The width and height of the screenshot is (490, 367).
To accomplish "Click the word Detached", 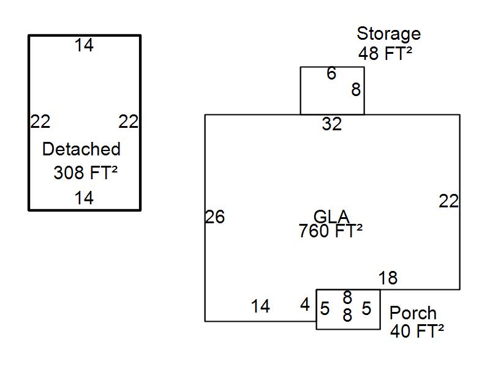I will pyautogui.click(x=81, y=149).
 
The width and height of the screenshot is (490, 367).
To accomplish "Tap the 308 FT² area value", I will pyautogui.click(x=85, y=173).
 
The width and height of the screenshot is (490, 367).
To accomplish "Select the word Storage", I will pyautogui.click(x=388, y=34).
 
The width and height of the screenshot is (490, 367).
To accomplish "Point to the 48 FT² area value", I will pyautogui.click(x=385, y=54).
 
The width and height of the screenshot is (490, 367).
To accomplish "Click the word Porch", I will pyautogui.click(x=413, y=313).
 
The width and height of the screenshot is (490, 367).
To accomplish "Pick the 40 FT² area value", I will pyautogui.click(x=417, y=332).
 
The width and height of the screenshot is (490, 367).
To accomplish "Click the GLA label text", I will pyautogui.click(x=331, y=217).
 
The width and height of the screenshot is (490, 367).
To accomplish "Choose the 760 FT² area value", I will pyautogui.click(x=331, y=231).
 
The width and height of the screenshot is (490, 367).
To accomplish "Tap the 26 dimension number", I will pyautogui.click(x=215, y=217).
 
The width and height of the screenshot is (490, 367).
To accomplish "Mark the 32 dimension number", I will pyautogui.click(x=332, y=124).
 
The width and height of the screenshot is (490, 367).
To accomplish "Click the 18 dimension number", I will pyautogui.click(x=388, y=278).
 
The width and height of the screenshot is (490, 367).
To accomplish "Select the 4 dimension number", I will pyautogui.click(x=305, y=305).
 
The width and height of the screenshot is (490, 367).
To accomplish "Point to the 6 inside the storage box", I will pyautogui.click(x=331, y=74).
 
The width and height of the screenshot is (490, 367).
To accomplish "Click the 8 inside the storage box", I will pyautogui.click(x=356, y=90).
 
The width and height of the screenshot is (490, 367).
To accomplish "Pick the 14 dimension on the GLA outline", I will pyautogui.click(x=260, y=306).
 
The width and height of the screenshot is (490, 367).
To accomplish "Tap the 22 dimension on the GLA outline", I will pyautogui.click(x=449, y=201).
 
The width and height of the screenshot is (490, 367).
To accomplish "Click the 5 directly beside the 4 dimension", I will pyautogui.click(x=325, y=309).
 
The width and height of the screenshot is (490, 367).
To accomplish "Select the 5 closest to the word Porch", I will pyautogui.click(x=366, y=309).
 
